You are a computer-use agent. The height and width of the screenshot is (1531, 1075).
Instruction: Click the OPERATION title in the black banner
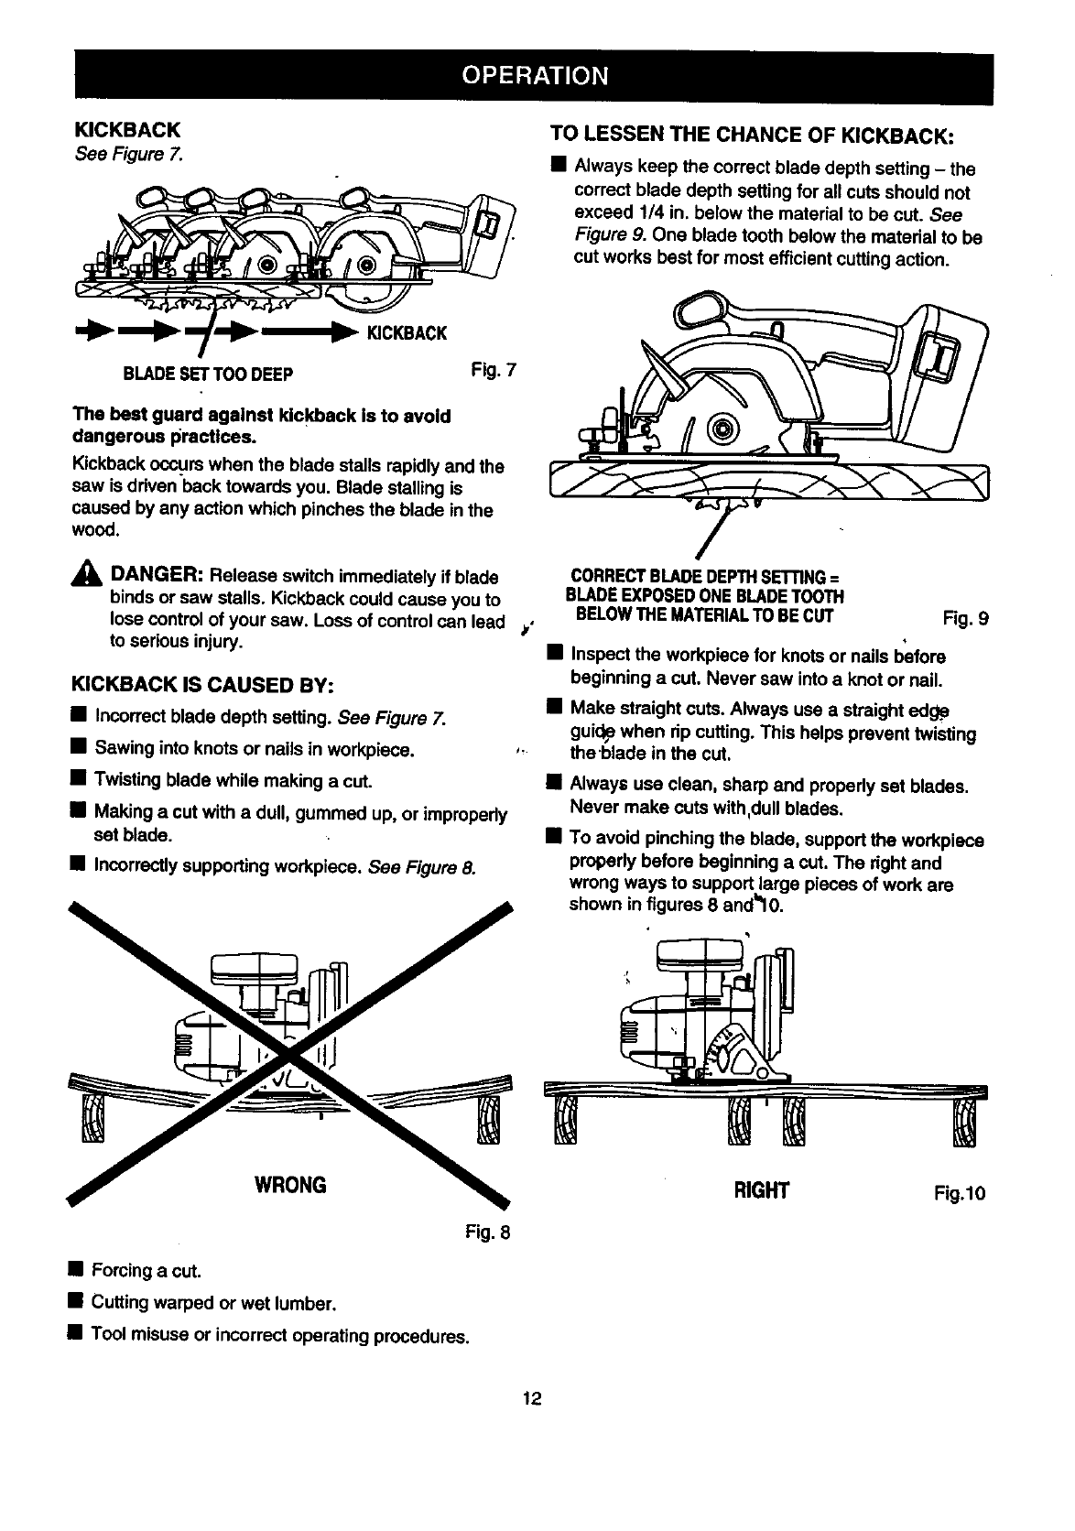[534, 74]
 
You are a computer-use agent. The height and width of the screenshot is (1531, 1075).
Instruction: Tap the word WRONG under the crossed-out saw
[288, 1185]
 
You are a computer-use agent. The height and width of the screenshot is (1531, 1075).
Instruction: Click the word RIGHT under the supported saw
[761, 1191]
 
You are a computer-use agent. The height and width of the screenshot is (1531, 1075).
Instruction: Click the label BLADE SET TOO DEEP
[209, 374]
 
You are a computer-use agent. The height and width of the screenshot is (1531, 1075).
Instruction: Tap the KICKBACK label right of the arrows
[407, 333]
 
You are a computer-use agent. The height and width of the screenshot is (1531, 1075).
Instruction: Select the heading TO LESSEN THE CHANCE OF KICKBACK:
[753, 136]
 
